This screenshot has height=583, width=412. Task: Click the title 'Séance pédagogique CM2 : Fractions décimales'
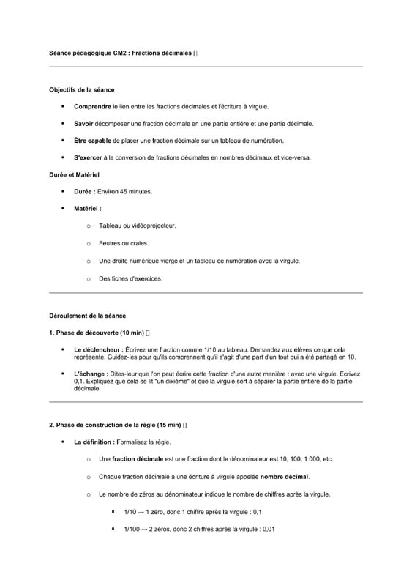coord(120,53)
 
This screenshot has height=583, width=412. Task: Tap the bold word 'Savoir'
coord(83,124)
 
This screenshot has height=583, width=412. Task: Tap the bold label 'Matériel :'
coord(87,209)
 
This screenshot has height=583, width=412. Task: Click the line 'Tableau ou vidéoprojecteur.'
coord(137,226)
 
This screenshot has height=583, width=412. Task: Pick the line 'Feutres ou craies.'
coord(124,243)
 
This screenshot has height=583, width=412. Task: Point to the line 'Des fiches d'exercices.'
coord(130,278)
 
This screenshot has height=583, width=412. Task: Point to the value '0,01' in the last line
coord(267,529)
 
